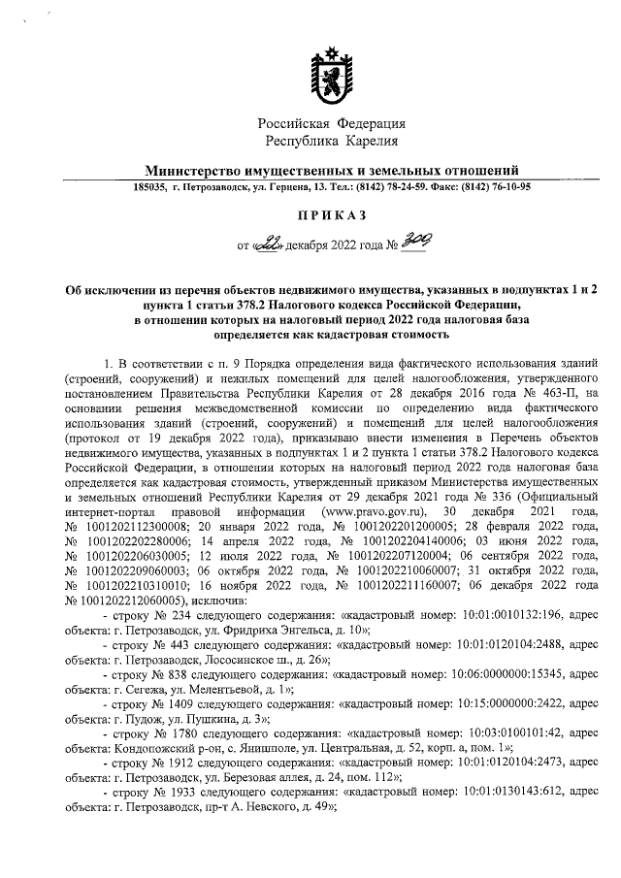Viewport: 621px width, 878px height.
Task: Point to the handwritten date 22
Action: [265, 244]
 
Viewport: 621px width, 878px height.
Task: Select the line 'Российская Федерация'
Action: [331, 124]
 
